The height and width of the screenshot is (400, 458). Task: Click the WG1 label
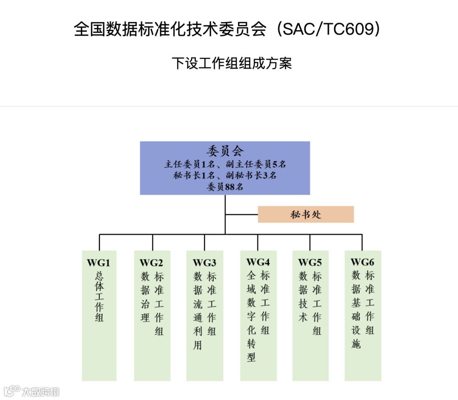pos(98,263)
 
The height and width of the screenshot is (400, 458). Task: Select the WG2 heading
pos(151,263)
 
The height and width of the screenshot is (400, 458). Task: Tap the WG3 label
pos(204,263)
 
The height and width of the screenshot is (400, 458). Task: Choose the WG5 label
pos(310,263)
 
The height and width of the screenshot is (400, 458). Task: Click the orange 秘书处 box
pos(306,215)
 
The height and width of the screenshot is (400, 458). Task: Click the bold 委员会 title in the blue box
pos(225,151)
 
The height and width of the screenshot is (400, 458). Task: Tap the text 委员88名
pos(225,186)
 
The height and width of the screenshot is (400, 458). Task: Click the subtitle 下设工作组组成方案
pos(232,64)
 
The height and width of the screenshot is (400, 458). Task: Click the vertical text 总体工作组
pos(99,297)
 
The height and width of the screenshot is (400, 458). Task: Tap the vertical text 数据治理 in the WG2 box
pos(145,297)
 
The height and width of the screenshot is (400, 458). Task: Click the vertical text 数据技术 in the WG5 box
pos(303,297)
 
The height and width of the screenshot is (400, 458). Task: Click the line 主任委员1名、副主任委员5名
pos(225,164)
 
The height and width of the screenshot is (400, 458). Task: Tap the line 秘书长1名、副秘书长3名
pos(225,175)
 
